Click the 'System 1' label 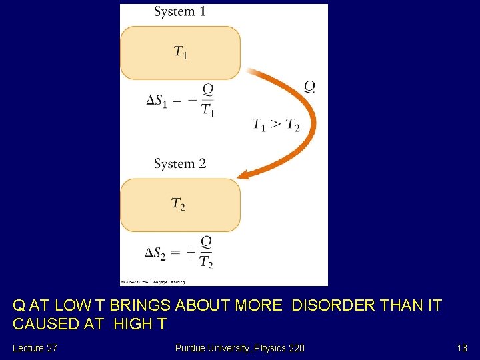click(180, 11)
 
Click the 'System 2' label click(180, 163)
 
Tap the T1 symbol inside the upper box click(180, 52)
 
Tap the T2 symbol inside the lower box click(178, 204)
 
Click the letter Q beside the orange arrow click(309, 86)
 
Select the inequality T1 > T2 click(276, 125)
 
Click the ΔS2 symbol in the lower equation click(158, 253)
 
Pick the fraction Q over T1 click(208, 101)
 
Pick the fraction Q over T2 click(207, 253)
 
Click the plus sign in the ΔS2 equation click(191, 253)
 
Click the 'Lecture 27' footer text click(34, 348)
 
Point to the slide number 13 click(462, 348)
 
